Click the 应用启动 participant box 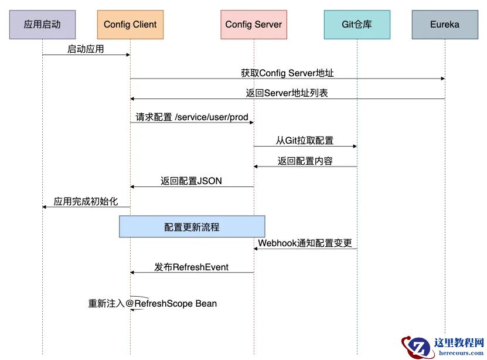pyautogui.click(x=42, y=25)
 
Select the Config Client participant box pyautogui.click(x=130, y=25)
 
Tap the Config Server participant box pyautogui.click(x=254, y=25)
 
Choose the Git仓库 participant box pyautogui.click(x=357, y=25)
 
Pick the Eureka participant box pyautogui.click(x=444, y=25)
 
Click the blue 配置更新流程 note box pyautogui.click(x=192, y=226)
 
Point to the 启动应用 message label pyautogui.click(x=85, y=49)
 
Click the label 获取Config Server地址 pyautogui.click(x=287, y=73)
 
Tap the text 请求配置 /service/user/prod pyautogui.click(x=192, y=117)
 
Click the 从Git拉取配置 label pyautogui.click(x=305, y=141)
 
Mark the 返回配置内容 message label pyautogui.click(x=305, y=161)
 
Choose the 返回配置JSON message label pyautogui.click(x=192, y=181)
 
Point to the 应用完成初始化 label pyautogui.click(x=86, y=201)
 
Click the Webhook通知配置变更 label pyautogui.click(x=305, y=243)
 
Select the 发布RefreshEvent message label pyautogui.click(x=192, y=267)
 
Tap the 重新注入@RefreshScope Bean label pyautogui.click(x=152, y=304)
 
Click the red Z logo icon pyautogui.click(x=417, y=346)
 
